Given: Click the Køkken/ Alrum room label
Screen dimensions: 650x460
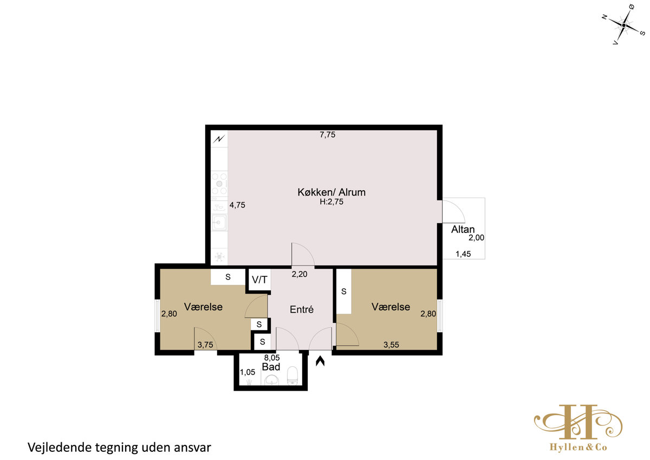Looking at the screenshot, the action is (x=331, y=192).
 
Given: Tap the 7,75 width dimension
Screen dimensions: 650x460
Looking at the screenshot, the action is (x=327, y=135).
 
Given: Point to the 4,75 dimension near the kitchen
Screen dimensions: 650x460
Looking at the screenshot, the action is (x=237, y=205).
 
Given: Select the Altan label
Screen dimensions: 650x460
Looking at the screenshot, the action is (x=463, y=230).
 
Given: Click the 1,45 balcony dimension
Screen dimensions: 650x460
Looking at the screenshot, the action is (x=463, y=254).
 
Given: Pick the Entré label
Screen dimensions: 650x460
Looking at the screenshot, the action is (x=302, y=309).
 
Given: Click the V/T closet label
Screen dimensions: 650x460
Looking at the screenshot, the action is (x=259, y=280).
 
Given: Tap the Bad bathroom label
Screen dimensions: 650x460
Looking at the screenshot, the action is (x=271, y=367).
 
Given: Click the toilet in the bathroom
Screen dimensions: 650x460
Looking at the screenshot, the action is (x=292, y=375).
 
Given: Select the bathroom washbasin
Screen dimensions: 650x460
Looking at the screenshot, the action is (x=271, y=380).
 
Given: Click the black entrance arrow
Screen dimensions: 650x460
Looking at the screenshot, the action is (x=320, y=361).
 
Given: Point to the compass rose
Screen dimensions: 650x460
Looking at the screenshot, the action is (x=623, y=25).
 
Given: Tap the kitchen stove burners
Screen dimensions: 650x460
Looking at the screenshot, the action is (x=219, y=184).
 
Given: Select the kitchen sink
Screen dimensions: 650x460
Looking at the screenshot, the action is (x=219, y=223).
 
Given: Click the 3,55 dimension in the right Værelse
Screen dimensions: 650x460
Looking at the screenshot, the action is (x=391, y=345).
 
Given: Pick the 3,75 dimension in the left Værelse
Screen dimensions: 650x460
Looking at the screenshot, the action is (x=205, y=345).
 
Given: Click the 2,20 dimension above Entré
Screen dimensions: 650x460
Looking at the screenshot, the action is (x=299, y=274).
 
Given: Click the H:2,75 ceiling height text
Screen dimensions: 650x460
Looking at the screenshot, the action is (x=331, y=202).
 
